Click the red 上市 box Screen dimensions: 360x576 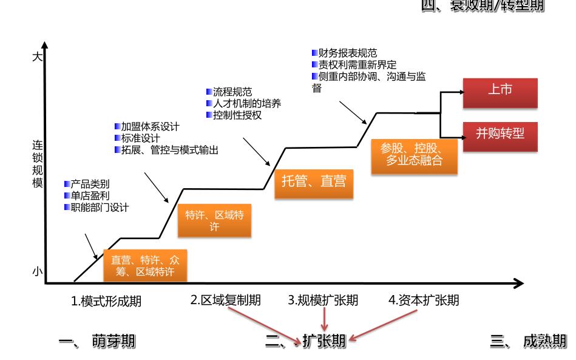click(500, 91)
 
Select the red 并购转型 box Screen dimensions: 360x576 click(500, 135)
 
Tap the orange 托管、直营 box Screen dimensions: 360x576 click(314, 180)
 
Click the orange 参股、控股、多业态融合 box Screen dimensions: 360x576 click(415, 155)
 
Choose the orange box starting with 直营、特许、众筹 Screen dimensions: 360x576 click(145, 265)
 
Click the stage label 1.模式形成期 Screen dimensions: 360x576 click(106, 301)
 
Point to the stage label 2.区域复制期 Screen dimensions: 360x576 click(226, 300)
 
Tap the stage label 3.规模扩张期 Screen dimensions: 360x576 click(323, 300)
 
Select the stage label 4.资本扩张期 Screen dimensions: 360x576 click(424, 300)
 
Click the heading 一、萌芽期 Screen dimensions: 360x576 click(97, 341)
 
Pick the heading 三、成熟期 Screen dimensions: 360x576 click(528, 341)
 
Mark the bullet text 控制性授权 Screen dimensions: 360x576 click(237, 115)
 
